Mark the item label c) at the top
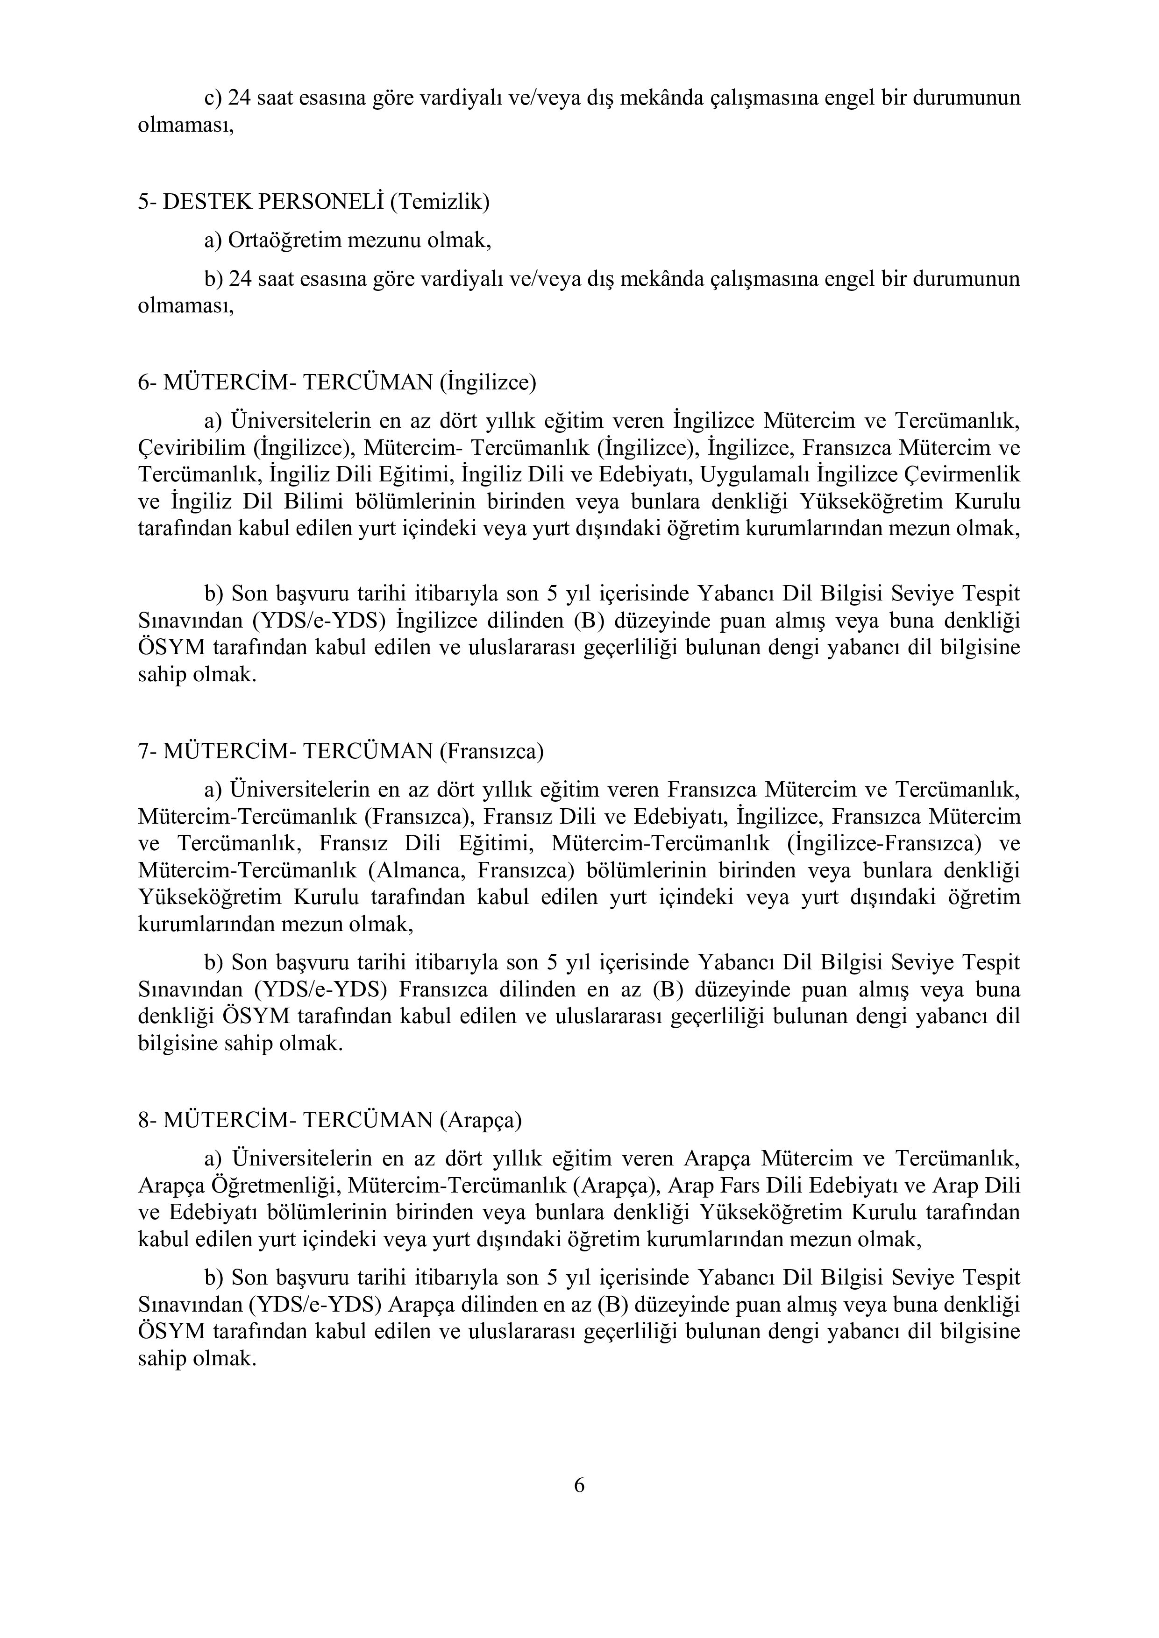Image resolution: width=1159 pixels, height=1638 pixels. [213, 98]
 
